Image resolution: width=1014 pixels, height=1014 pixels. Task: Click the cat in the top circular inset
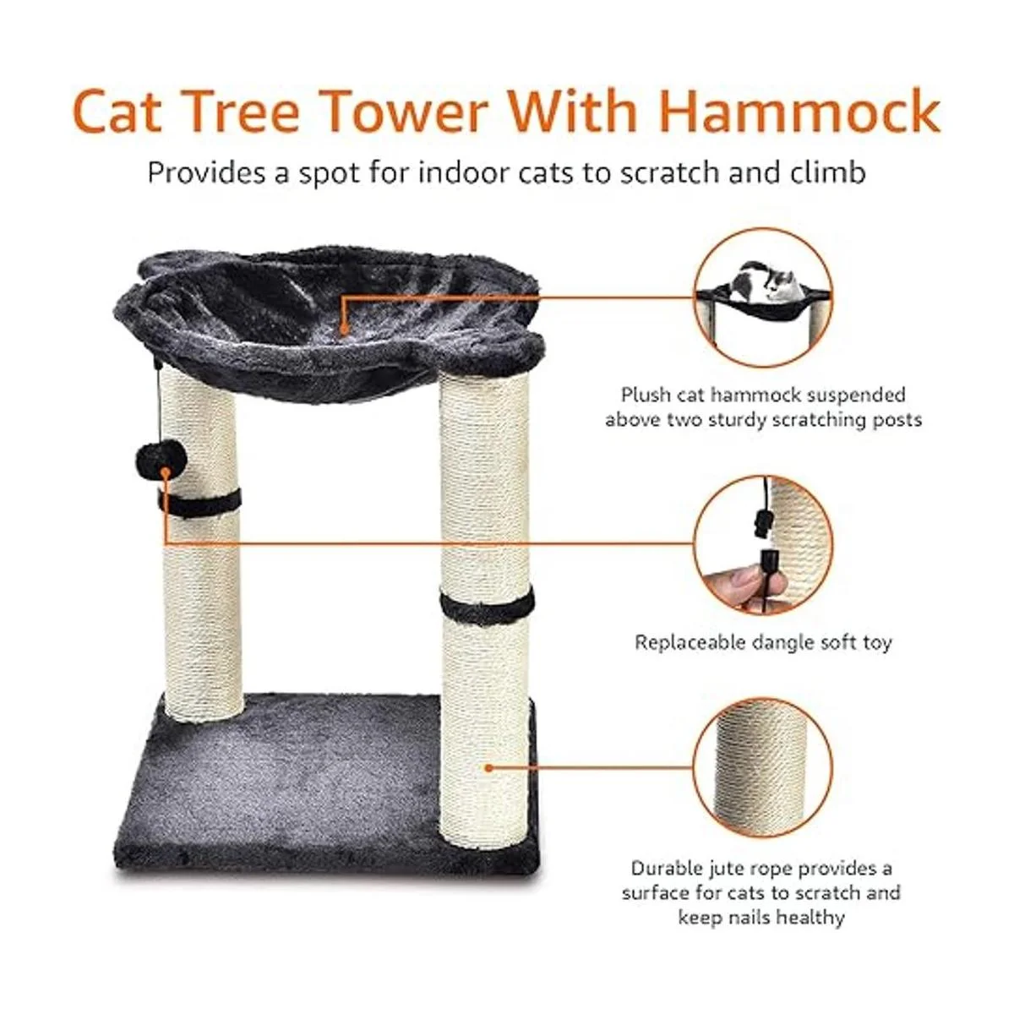pos(760,286)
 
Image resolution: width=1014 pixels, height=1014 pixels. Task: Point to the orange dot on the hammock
pos(344,330)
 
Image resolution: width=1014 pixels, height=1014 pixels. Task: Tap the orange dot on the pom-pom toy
pos(166,472)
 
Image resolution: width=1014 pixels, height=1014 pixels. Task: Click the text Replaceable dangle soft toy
pos(763,642)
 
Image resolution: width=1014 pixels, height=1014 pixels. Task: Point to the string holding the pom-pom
pos(157,402)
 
